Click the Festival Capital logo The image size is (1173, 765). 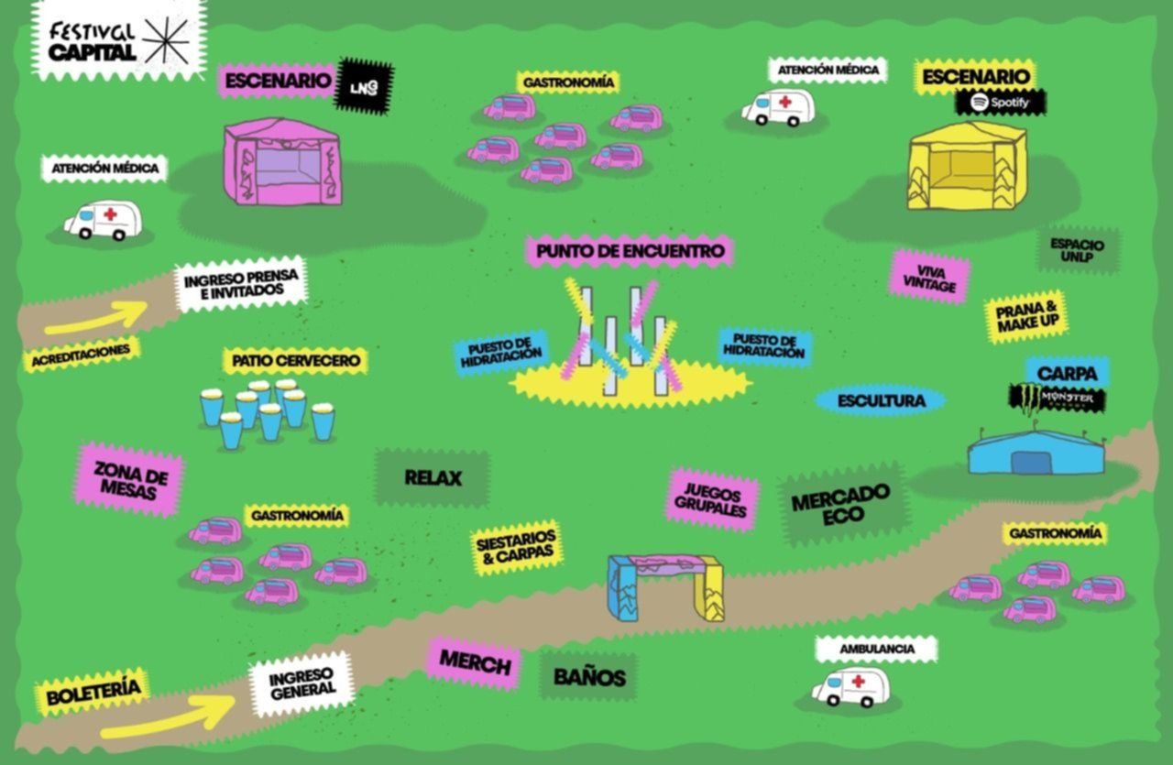(119, 41)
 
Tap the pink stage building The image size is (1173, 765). (283, 161)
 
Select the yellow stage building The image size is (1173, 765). (967, 166)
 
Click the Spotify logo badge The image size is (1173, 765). (1001, 103)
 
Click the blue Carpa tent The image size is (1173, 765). (1036, 452)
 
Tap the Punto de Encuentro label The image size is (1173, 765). (630, 251)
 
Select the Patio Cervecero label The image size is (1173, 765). (296, 361)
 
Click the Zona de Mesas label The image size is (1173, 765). (129, 480)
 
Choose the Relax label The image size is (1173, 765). (433, 478)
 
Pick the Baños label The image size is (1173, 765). (589, 678)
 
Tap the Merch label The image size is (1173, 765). (475, 663)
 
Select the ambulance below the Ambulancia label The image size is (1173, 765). (850, 686)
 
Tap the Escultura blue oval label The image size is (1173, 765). (882, 401)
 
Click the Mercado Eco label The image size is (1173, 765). (842, 504)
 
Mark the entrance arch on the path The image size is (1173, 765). (666, 587)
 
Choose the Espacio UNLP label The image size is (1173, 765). (1078, 250)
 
